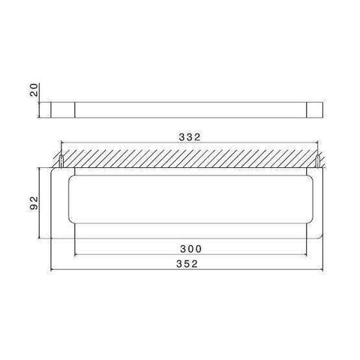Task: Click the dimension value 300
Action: tap(191, 247)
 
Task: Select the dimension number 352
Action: tap(191, 263)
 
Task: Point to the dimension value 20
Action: tap(31, 92)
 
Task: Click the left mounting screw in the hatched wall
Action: tap(59, 160)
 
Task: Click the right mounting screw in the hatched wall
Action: tap(320, 160)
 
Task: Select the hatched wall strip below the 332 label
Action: tap(190, 158)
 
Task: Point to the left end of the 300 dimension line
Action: tap(76, 253)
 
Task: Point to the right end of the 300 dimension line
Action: tap(307, 253)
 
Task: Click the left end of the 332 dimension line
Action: tap(60, 146)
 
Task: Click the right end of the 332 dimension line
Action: tap(320, 146)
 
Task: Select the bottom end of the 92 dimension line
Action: tap(38, 237)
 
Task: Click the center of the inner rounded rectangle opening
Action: tap(191, 199)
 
